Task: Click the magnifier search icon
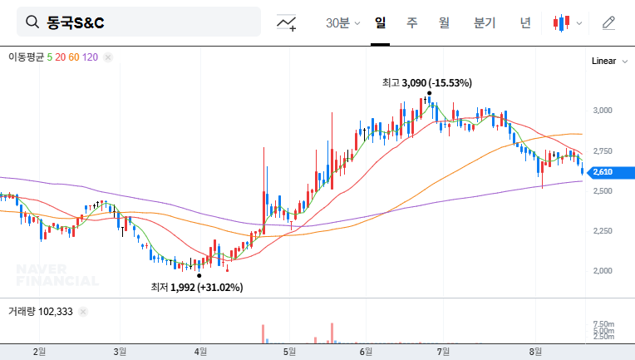pyautogui.click(x=32, y=22)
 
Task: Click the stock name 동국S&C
pyautogui.click(x=76, y=22)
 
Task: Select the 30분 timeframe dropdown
pyautogui.click(x=342, y=22)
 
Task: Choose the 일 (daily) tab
pyautogui.click(x=381, y=22)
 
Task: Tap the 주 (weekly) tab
pyautogui.click(x=412, y=22)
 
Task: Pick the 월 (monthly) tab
pyautogui.click(x=444, y=22)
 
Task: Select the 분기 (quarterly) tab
pyautogui.click(x=485, y=22)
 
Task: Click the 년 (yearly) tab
pyautogui.click(x=525, y=22)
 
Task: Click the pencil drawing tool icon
pyautogui.click(x=608, y=22)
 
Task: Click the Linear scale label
pyautogui.click(x=603, y=62)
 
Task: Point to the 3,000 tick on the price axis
pyautogui.click(x=603, y=110)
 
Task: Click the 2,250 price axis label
pyautogui.click(x=603, y=231)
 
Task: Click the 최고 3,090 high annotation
pyautogui.click(x=426, y=83)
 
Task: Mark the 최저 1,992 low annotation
pyautogui.click(x=196, y=288)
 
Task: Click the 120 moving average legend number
pyautogui.click(x=91, y=57)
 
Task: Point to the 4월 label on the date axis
pyautogui.click(x=200, y=352)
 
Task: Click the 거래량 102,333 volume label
pyautogui.click(x=41, y=312)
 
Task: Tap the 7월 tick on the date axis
pyautogui.click(x=445, y=352)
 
